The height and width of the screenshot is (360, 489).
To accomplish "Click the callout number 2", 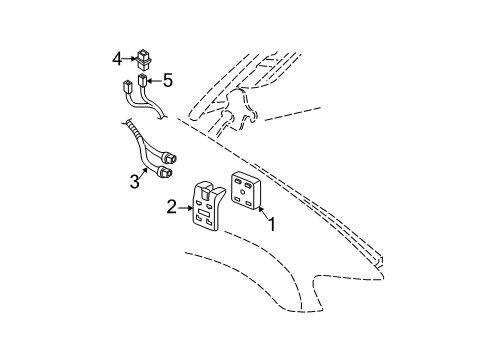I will (171, 207).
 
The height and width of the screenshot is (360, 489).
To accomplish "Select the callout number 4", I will (117, 58).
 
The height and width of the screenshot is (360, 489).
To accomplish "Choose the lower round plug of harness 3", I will (164, 172).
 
